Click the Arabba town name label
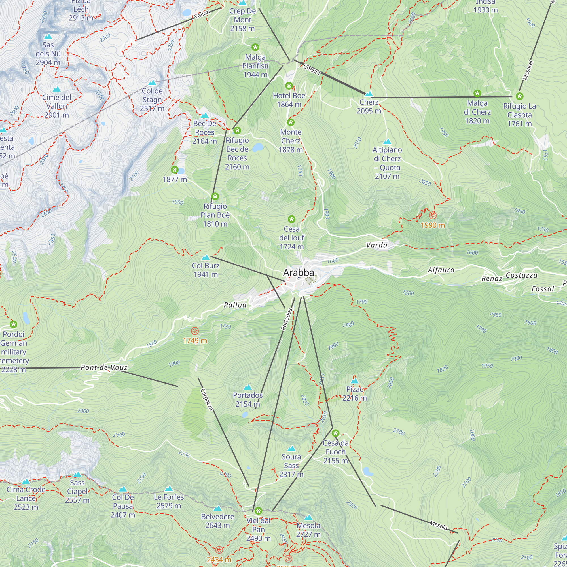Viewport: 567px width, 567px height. click(299, 273)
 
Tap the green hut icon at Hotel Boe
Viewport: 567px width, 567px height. click(289, 86)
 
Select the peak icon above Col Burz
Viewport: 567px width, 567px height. click(206, 258)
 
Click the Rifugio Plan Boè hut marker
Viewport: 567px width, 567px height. click(215, 196)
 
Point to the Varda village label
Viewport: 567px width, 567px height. click(376, 245)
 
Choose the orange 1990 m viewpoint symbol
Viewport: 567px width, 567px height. click(432, 216)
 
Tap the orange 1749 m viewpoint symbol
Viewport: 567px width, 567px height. click(194, 331)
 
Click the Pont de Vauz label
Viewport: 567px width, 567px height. click(104, 367)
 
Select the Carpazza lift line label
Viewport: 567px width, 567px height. click(206, 399)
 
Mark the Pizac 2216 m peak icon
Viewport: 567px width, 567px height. click(355, 381)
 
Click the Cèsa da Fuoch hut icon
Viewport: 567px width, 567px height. click(335, 433)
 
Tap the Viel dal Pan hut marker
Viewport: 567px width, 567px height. click(258, 511)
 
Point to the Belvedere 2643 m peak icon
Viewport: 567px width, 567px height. click(217, 508)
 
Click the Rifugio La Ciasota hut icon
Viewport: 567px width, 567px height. click(519, 96)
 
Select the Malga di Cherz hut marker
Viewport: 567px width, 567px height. click(477, 93)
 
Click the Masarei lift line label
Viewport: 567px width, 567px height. click(527, 70)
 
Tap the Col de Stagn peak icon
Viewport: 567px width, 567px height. click(152, 83)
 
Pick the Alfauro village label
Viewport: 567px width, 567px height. click(441, 270)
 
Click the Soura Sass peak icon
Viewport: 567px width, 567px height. click(291, 448)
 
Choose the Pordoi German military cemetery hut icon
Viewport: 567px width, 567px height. click(14, 324)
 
